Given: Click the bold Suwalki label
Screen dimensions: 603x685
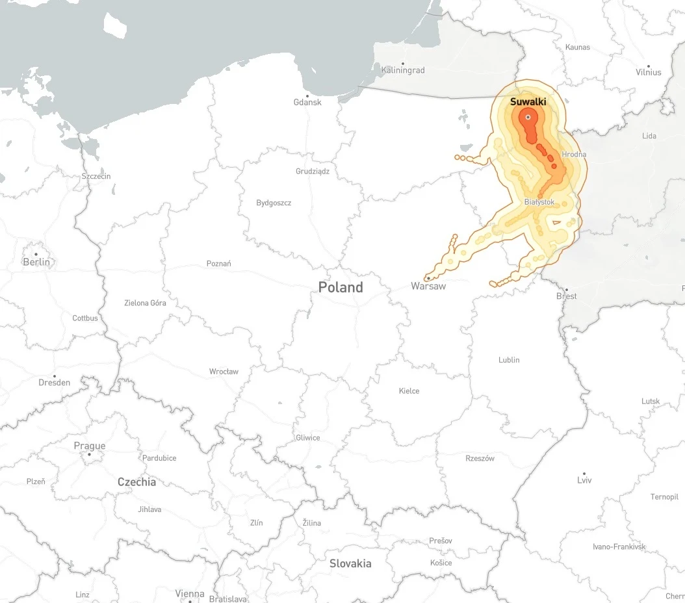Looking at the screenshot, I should pyautogui.click(x=528, y=102).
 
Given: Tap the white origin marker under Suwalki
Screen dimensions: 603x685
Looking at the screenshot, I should pyautogui.click(x=528, y=117).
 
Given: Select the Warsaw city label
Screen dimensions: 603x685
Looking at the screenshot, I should pyautogui.click(x=428, y=286).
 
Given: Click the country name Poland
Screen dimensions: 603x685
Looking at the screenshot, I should pyautogui.click(x=341, y=287).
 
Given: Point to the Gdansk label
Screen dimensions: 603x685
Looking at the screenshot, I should pyautogui.click(x=307, y=102).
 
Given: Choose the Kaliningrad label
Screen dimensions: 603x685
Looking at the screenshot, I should pyautogui.click(x=403, y=70).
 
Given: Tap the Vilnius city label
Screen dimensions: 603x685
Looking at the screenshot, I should pyautogui.click(x=648, y=72).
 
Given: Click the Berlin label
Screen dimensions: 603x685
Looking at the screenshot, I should pyautogui.click(x=36, y=263).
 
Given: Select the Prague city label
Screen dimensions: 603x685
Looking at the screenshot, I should pyautogui.click(x=90, y=446).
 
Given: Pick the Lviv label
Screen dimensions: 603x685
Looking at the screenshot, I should pyautogui.click(x=584, y=481).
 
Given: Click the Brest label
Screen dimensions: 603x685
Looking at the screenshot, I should pyautogui.click(x=566, y=296).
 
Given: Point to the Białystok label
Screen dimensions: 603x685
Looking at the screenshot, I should pyautogui.click(x=539, y=202).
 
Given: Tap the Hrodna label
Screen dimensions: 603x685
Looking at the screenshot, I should pyautogui.click(x=574, y=155).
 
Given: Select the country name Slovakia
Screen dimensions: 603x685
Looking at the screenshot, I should pyautogui.click(x=350, y=563).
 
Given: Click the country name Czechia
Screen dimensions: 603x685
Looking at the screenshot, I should pyautogui.click(x=136, y=482).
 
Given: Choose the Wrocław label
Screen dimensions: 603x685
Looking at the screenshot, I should pyautogui.click(x=224, y=372).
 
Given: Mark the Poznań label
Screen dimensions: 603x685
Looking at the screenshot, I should pyautogui.click(x=218, y=264).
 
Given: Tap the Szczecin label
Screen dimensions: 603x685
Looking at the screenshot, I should pyautogui.click(x=96, y=176).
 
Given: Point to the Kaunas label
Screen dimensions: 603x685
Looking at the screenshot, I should pyautogui.click(x=578, y=47).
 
